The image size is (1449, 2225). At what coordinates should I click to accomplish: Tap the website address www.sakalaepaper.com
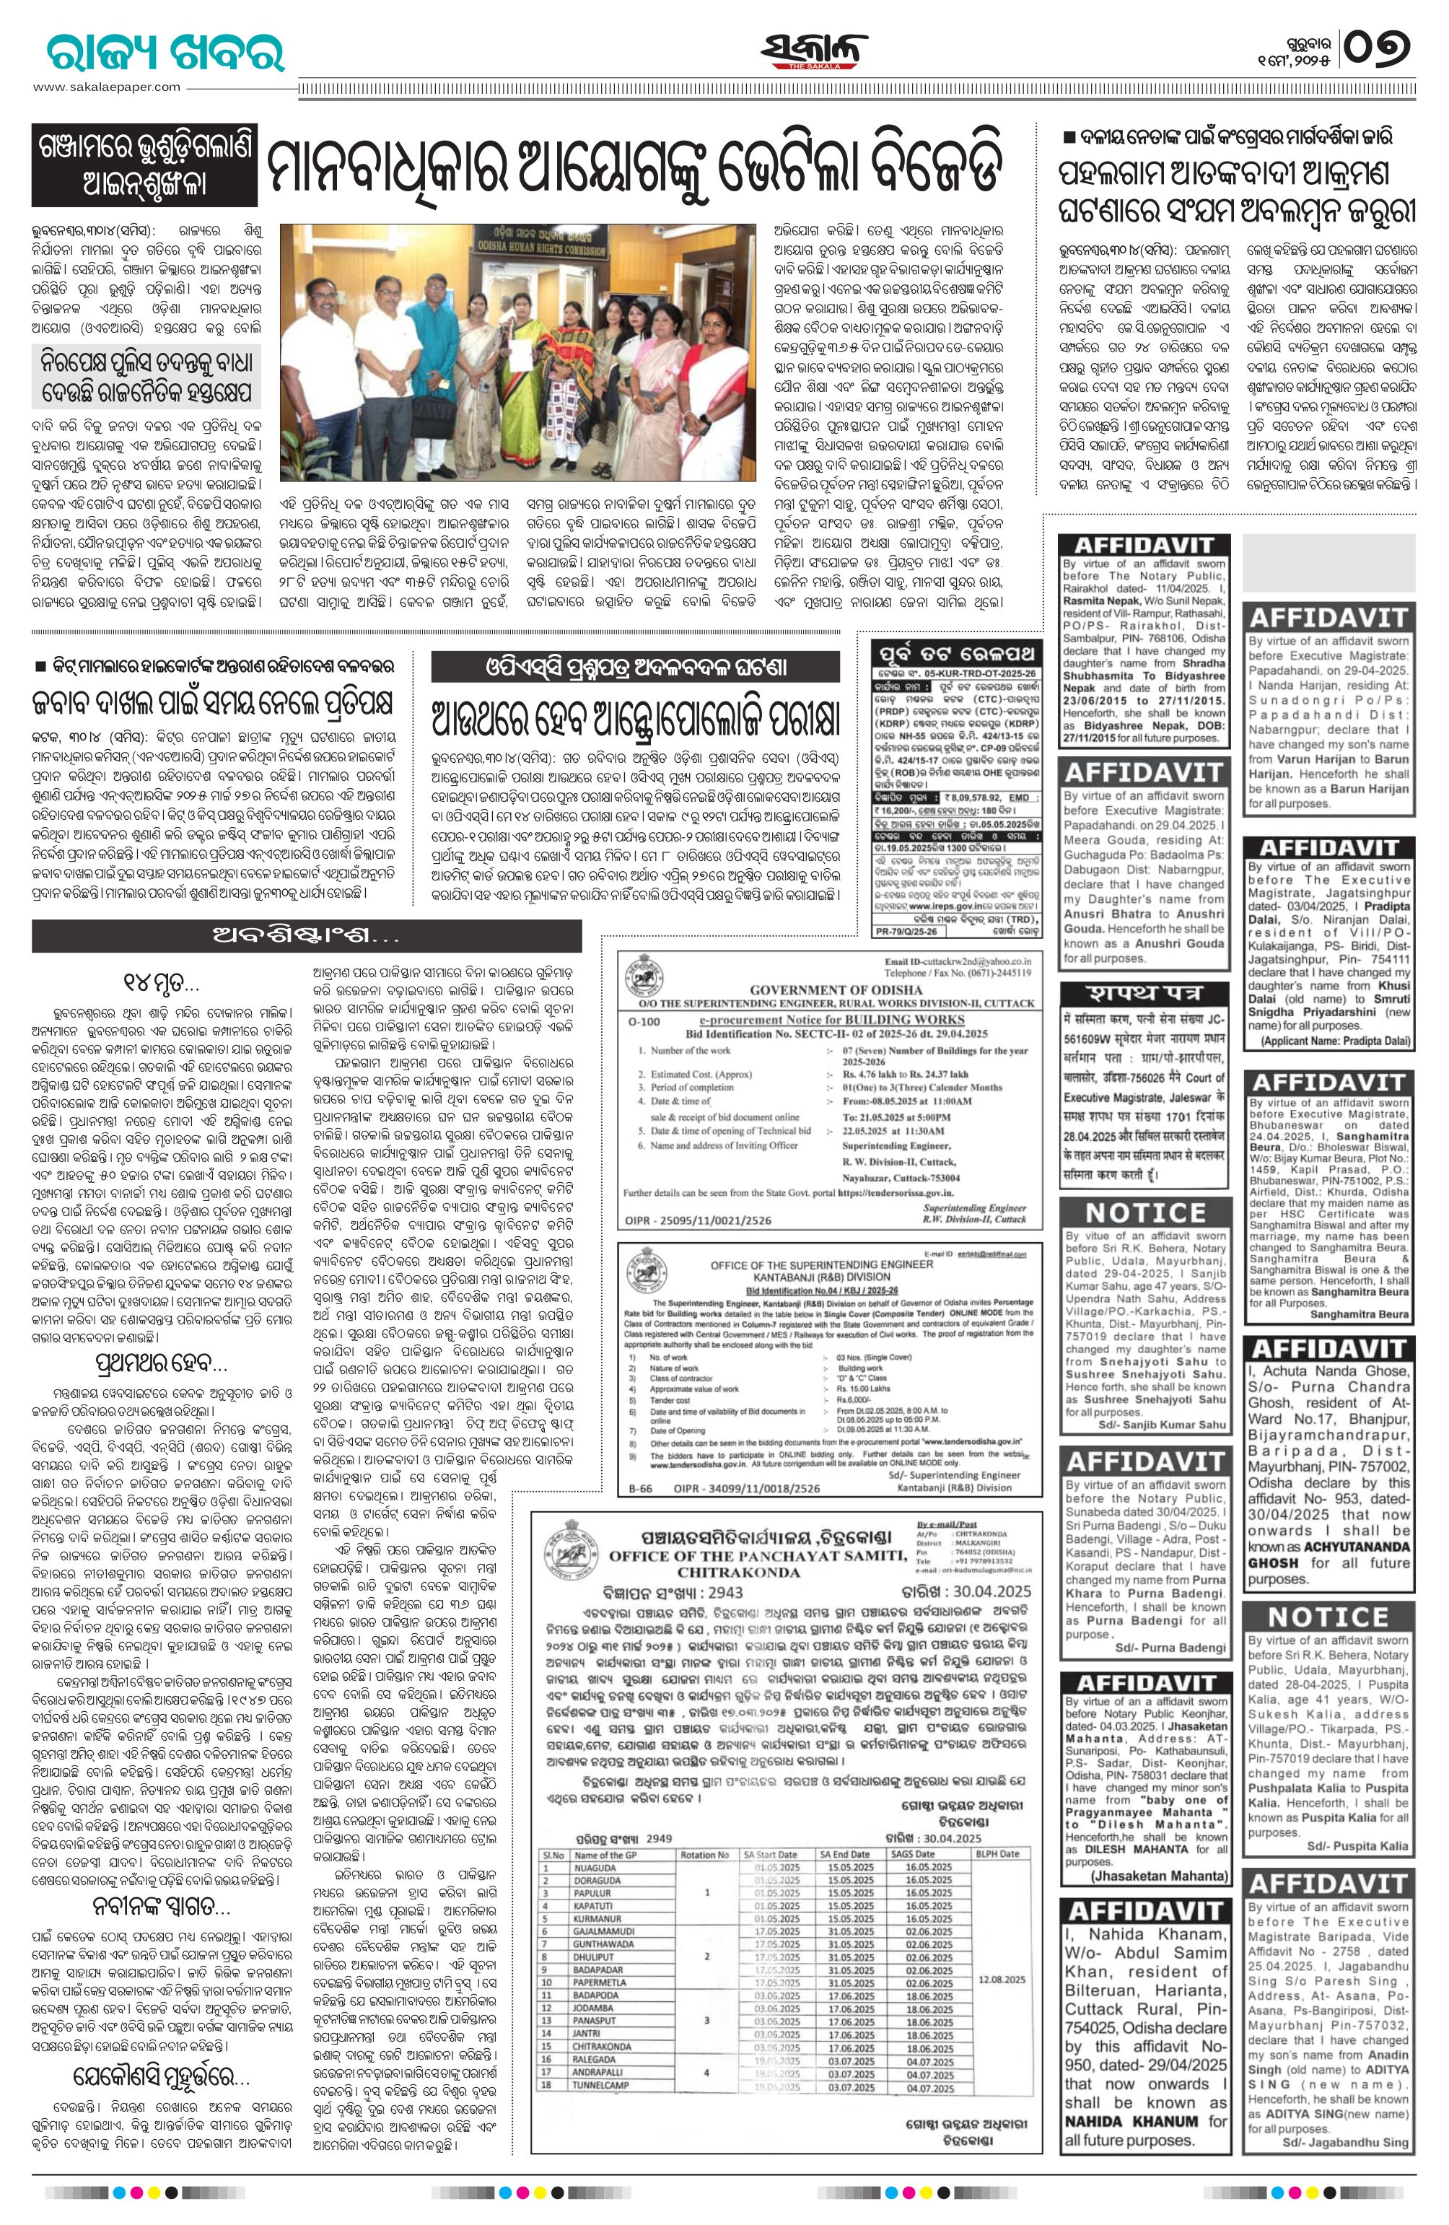coord(107,87)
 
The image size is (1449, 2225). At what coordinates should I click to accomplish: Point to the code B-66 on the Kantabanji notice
coord(640,1487)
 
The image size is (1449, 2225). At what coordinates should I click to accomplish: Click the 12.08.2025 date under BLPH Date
coord(1000,1999)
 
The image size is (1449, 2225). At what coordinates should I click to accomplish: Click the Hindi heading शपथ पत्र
coord(1143,993)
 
